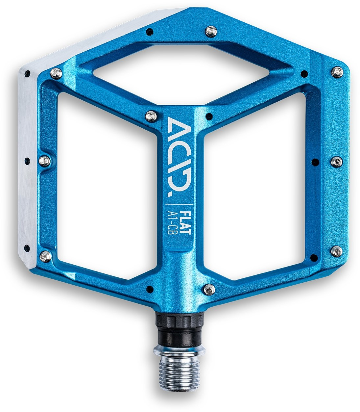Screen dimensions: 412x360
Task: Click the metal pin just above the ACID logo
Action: (151, 116)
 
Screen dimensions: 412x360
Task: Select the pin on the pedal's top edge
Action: (210, 31)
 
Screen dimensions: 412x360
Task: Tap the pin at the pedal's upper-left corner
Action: (55, 73)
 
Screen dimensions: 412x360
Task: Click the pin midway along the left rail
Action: (45, 161)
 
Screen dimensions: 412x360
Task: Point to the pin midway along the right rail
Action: (336, 161)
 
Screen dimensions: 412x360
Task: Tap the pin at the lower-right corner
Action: (336, 251)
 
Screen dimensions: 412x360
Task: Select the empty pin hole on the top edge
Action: (150, 32)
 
